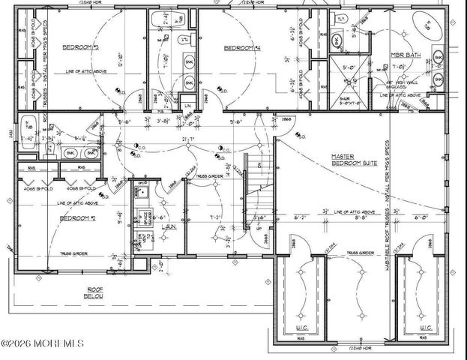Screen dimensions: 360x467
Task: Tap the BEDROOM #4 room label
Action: (242, 48)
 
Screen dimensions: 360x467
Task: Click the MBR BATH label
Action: (406, 55)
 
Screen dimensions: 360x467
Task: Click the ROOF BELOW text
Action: (94, 292)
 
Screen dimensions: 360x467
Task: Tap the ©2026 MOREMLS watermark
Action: (43, 343)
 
